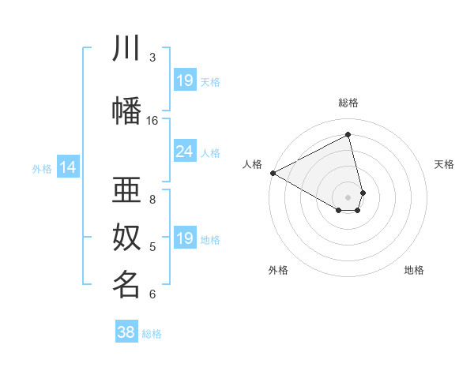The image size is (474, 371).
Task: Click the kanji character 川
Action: [x=127, y=49]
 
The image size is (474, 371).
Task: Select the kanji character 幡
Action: [x=127, y=109]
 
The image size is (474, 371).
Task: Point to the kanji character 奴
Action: [x=127, y=237]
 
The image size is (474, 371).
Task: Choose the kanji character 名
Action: [x=127, y=284]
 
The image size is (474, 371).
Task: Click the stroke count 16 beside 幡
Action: [x=152, y=121]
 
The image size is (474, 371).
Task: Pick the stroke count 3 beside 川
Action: [x=152, y=57]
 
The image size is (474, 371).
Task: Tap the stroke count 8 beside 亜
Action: [x=152, y=199]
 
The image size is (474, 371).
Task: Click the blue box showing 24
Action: [x=185, y=152]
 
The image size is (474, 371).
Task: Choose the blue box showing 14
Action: [x=68, y=167]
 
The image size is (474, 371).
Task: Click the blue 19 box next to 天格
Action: [x=185, y=81]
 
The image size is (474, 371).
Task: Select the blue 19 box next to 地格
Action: [x=185, y=238]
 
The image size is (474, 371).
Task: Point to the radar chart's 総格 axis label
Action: [x=348, y=103]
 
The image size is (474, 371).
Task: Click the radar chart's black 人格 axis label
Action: [x=253, y=164]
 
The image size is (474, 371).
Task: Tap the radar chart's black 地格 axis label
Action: [x=414, y=270]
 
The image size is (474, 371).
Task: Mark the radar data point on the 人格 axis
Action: [x=273, y=173]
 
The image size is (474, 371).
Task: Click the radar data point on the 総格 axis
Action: [x=348, y=134]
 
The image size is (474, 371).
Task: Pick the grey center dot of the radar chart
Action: [x=348, y=197]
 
